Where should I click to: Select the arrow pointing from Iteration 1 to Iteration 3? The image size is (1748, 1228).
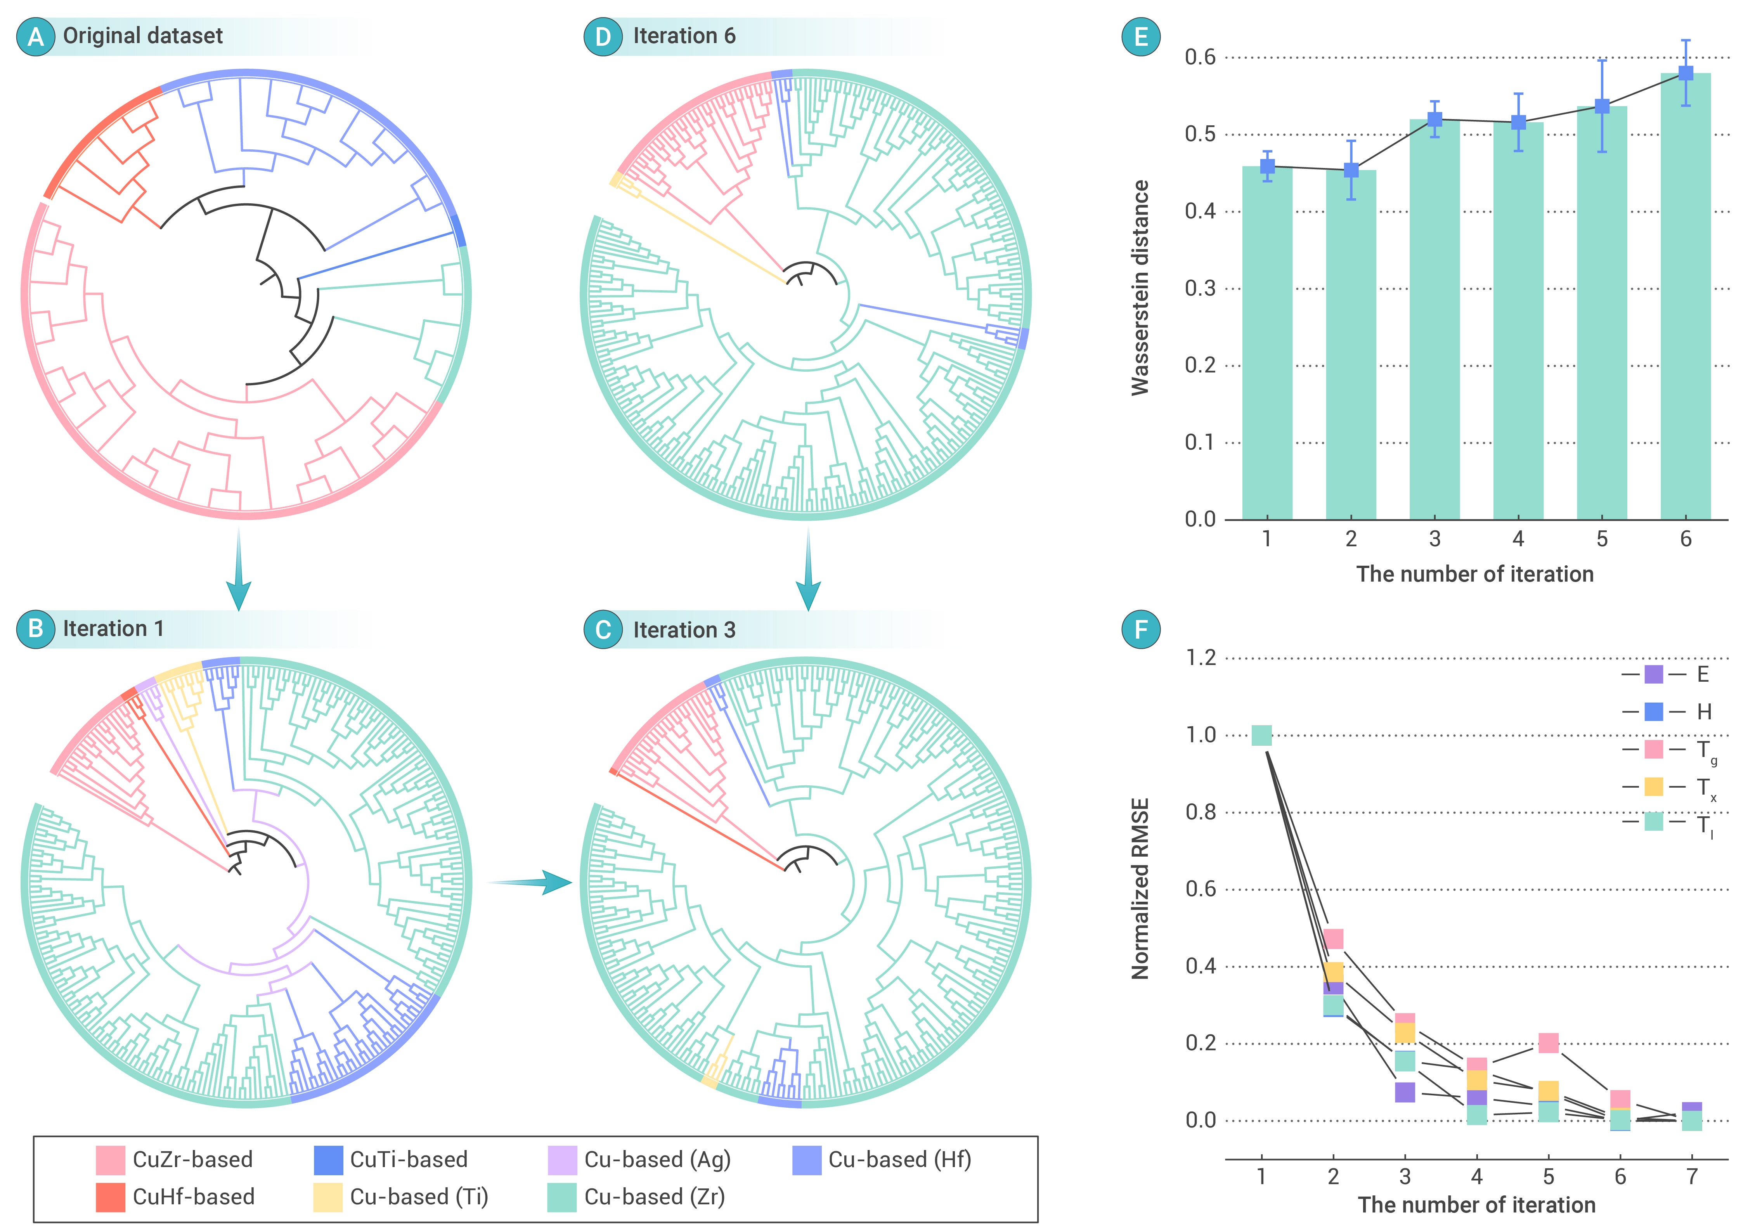[529, 882]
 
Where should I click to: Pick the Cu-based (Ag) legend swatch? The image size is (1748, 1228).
[562, 1159]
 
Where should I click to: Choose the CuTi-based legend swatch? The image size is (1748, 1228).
[328, 1159]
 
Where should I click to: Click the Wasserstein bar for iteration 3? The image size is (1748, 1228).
[1434, 320]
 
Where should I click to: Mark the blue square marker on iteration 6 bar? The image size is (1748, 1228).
[1686, 73]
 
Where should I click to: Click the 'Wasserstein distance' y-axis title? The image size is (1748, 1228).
[1140, 288]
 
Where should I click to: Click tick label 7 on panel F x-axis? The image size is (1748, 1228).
[1692, 1176]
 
